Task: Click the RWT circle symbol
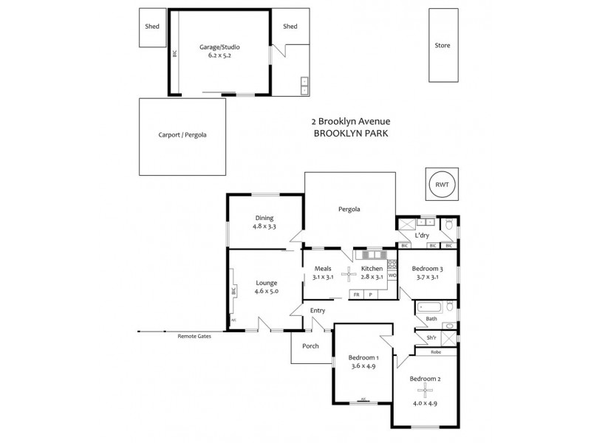tap(443, 185)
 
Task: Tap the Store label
tap(443, 46)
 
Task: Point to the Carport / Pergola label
tap(182, 135)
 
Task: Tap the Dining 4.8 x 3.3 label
tap(264, 222)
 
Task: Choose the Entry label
tap(318, 311)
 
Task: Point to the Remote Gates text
tap(194, 337)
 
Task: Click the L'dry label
tap(422, 236)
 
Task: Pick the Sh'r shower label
tap(431, 338)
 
